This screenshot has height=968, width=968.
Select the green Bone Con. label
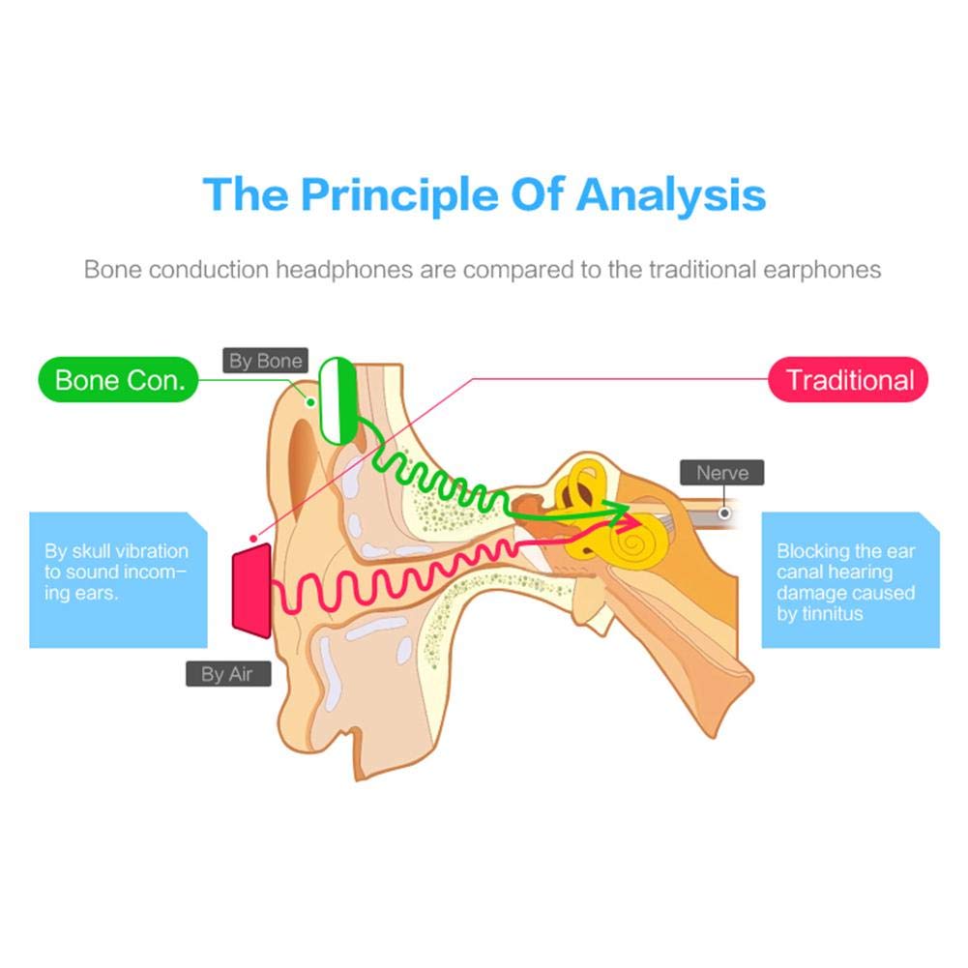pyautogui.click(x=118, y=379)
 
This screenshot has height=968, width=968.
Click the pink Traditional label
pyautogui.click(x=848, y=379)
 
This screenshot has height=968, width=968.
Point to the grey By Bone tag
pyautogui.click(x=265, y=362)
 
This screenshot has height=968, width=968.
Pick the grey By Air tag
pyautogui.click(x=227, y=674)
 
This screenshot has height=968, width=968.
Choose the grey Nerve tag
pyautogui.click(x=722, y=473)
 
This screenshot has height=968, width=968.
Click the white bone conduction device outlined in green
pyautogui.click(x=338, y=400)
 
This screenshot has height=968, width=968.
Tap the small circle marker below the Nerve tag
pyautogui.click(x=723, y=513)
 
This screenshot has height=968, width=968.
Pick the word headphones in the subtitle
pyautogui.click(x=342, y=269)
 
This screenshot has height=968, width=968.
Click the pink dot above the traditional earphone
pyautogui.click(x=253, y=535)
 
